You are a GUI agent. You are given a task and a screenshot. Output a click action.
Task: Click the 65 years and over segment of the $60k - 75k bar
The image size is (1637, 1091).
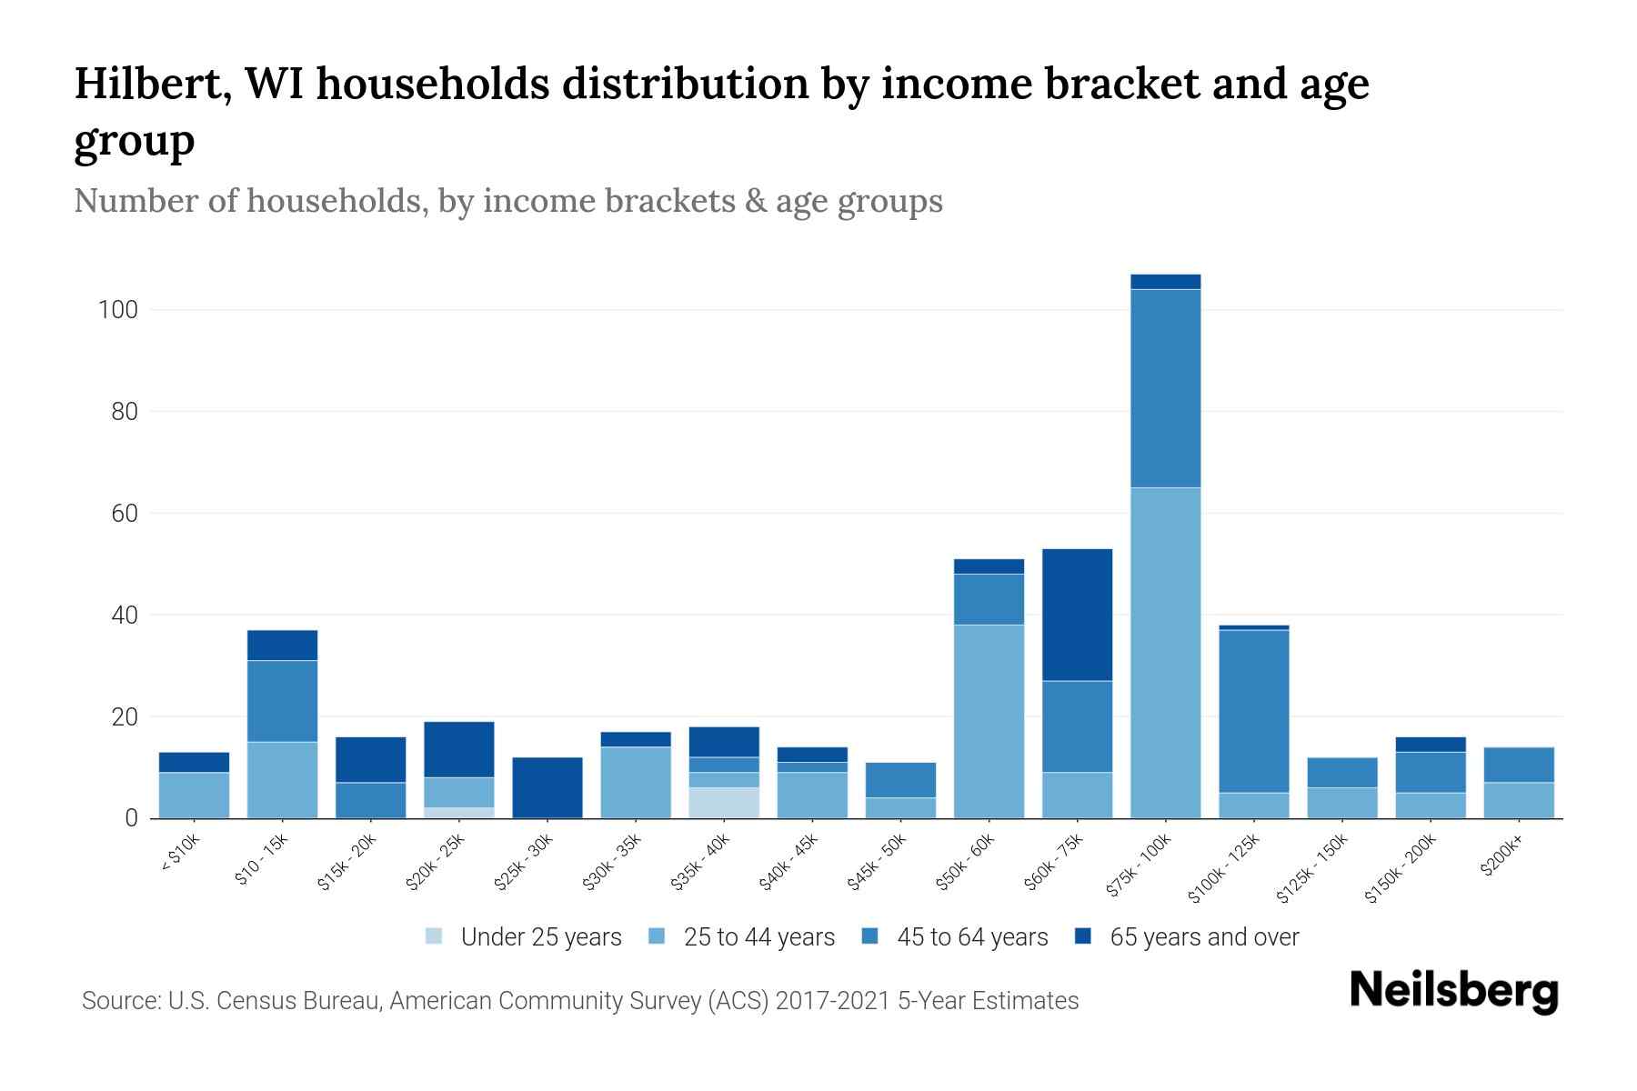1077,615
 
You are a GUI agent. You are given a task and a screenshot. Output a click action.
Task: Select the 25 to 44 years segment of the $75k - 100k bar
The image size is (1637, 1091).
1165,653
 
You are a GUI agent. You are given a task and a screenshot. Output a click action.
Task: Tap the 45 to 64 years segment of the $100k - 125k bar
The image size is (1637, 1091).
1253,711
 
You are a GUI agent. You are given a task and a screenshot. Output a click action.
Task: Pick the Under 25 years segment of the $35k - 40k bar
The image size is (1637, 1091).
724,803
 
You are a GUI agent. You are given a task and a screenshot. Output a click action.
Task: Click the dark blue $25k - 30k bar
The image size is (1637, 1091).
547,787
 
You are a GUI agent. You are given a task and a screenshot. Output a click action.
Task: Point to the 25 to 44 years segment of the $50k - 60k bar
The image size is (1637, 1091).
989,721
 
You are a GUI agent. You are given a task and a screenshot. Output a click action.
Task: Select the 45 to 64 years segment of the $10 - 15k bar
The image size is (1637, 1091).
282,701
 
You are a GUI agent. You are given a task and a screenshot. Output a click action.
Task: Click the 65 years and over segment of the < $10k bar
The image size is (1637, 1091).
194,762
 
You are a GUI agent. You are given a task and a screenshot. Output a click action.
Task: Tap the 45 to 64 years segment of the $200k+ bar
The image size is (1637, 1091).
1518,765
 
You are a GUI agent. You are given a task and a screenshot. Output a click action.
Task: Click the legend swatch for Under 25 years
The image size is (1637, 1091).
435,936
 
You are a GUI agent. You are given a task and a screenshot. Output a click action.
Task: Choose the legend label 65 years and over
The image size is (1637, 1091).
1204,937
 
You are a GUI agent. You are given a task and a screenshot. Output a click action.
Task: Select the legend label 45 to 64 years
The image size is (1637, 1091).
972,937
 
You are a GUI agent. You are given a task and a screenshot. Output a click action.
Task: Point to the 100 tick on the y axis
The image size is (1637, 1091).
117,310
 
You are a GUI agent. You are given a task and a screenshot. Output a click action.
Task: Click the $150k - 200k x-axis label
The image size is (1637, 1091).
1401,869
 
